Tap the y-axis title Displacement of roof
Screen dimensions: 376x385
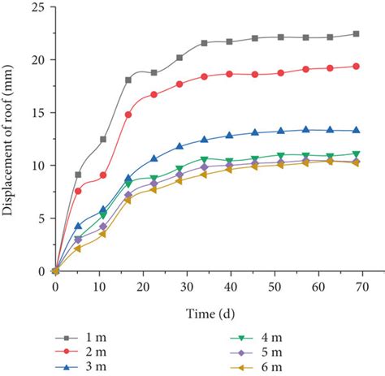coord(11,140)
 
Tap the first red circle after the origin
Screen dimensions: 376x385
coord(78,191)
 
